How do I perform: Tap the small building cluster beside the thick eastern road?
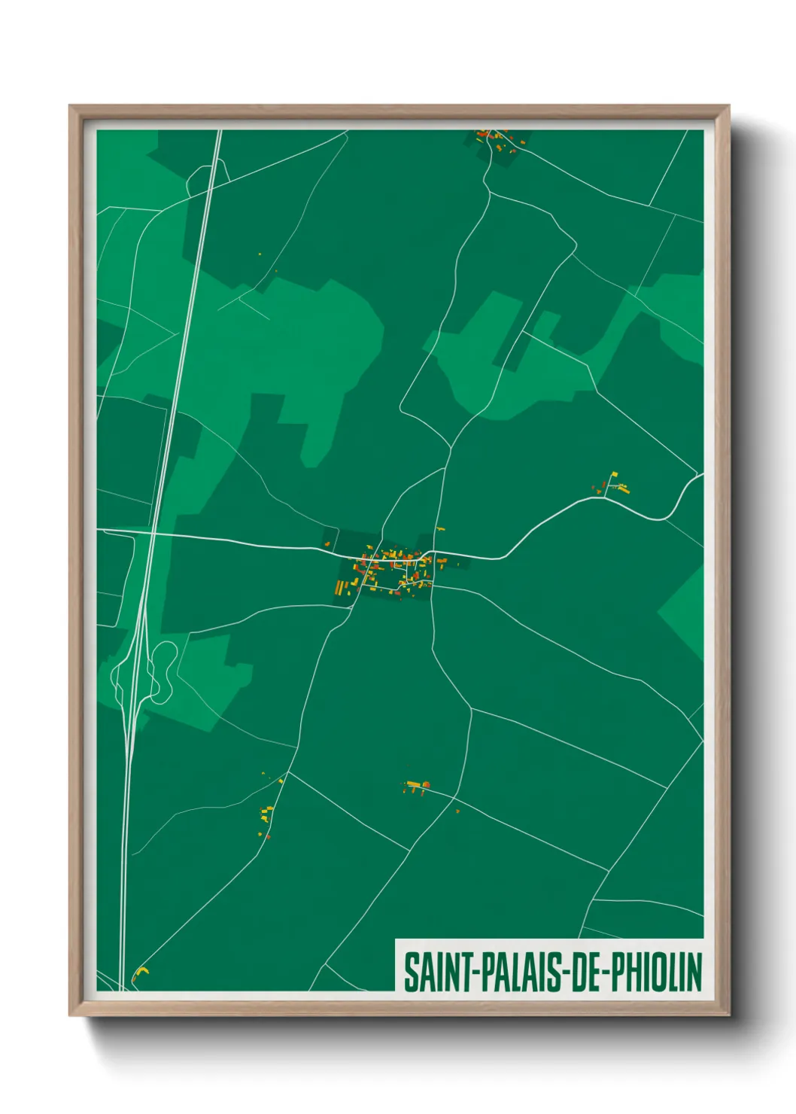click(616, 484)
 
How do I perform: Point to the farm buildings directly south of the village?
click(416, 787)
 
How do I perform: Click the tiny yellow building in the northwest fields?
click(260, 254)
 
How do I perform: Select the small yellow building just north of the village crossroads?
click(439, 529)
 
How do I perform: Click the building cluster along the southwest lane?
click(266, 814)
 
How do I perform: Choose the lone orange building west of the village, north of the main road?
click(327, 543)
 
